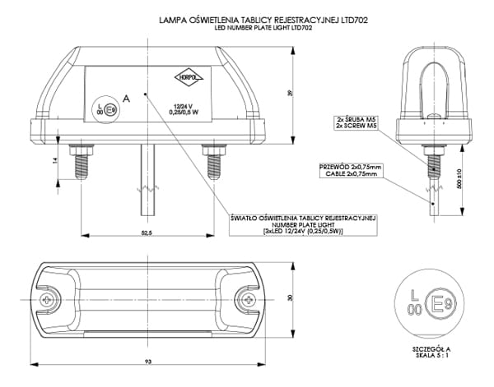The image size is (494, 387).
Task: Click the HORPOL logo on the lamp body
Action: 187,78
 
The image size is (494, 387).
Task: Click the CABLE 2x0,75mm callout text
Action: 352,173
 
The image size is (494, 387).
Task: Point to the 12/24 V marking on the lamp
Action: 182,105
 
